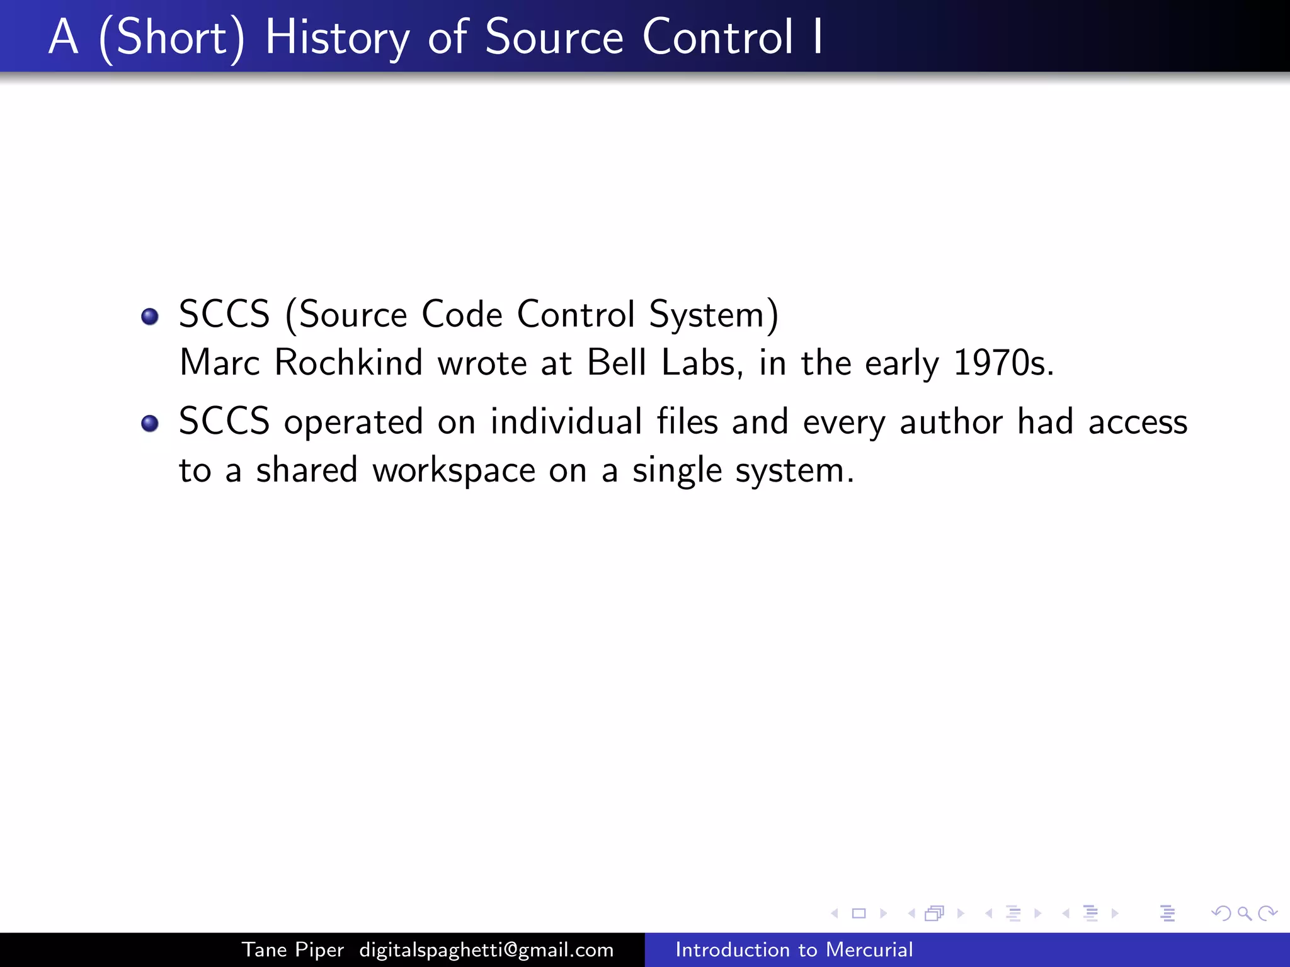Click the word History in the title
pyautogui.click(x=337, y=38)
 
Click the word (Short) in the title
pyautogui.click(x=171, y=38)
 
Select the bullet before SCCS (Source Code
pyautogui.click(x=150, y=316)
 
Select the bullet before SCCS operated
pyautogui.click(x=150, y=423)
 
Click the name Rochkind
pyautogui.click(x=348, y=363)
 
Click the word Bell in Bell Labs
pyautogui.click(x=616, y=363)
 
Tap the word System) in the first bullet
pyautogui.click(x=714, y=315)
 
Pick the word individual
pyautogui.click(x=566, y=422)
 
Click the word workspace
pyautogui.click(x=454, y=471)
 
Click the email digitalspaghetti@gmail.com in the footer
pyautogui.click(x=486, y=949)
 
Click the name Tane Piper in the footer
pyautogui.click(x=293, y=949)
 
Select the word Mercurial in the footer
pyautogui.click(x=869, y=949)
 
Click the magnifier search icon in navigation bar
pyautogui.click(x=1244, y=913)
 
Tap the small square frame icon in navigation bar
pyautogui.click(x=859, y=913)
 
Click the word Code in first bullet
pyautogui.click(x=462, y=315)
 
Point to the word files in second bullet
pyautogui.click(x=687, y=422)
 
